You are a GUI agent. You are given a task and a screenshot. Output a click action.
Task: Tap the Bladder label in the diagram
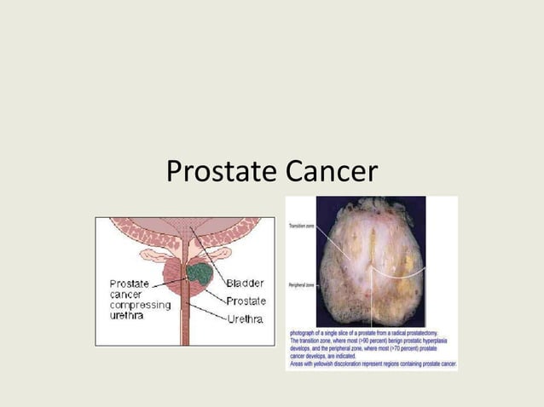click(x=245, y=283)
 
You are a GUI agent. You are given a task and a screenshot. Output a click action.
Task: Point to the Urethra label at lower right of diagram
click(x=246, y=318)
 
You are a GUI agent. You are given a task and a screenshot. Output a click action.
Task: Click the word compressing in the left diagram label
click(x=140, y=305)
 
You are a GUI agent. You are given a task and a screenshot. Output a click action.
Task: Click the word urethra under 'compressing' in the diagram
click(x=127, y=316)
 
